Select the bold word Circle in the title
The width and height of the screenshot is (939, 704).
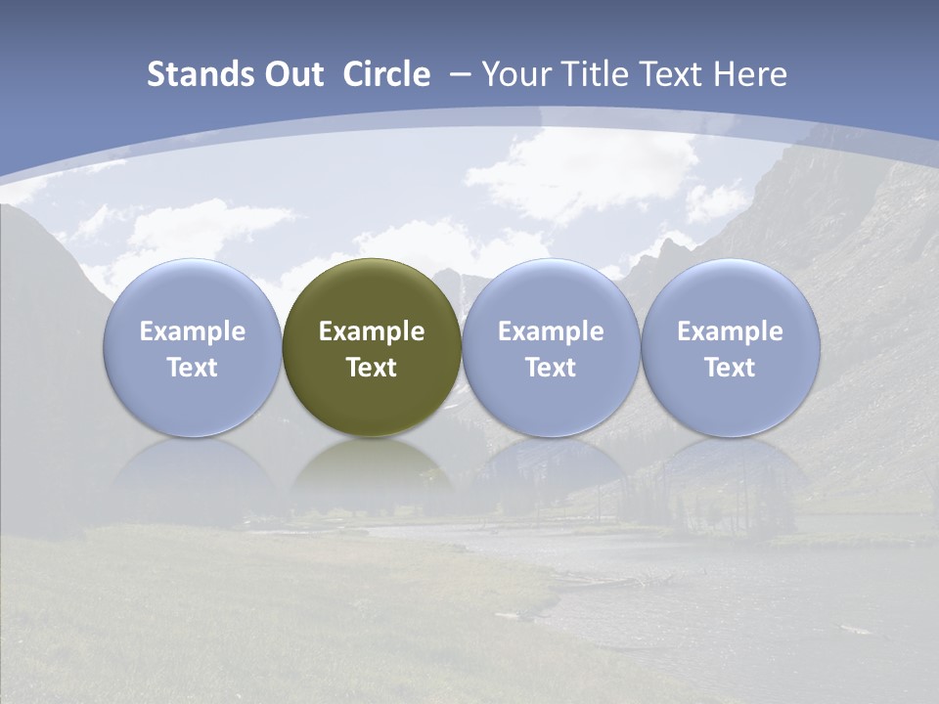coord(386,74)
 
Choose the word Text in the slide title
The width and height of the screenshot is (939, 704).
coord(670,74)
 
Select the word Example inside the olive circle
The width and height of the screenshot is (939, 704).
coord(372,331)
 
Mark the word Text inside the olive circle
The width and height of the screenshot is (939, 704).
coord(372,368)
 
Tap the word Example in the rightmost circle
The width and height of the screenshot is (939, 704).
coord(730,331)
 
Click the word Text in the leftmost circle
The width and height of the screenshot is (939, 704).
coord(193,368)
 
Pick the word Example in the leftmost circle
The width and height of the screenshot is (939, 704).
coord(193,331)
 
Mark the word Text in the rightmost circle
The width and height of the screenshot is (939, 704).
coord(730,368)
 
